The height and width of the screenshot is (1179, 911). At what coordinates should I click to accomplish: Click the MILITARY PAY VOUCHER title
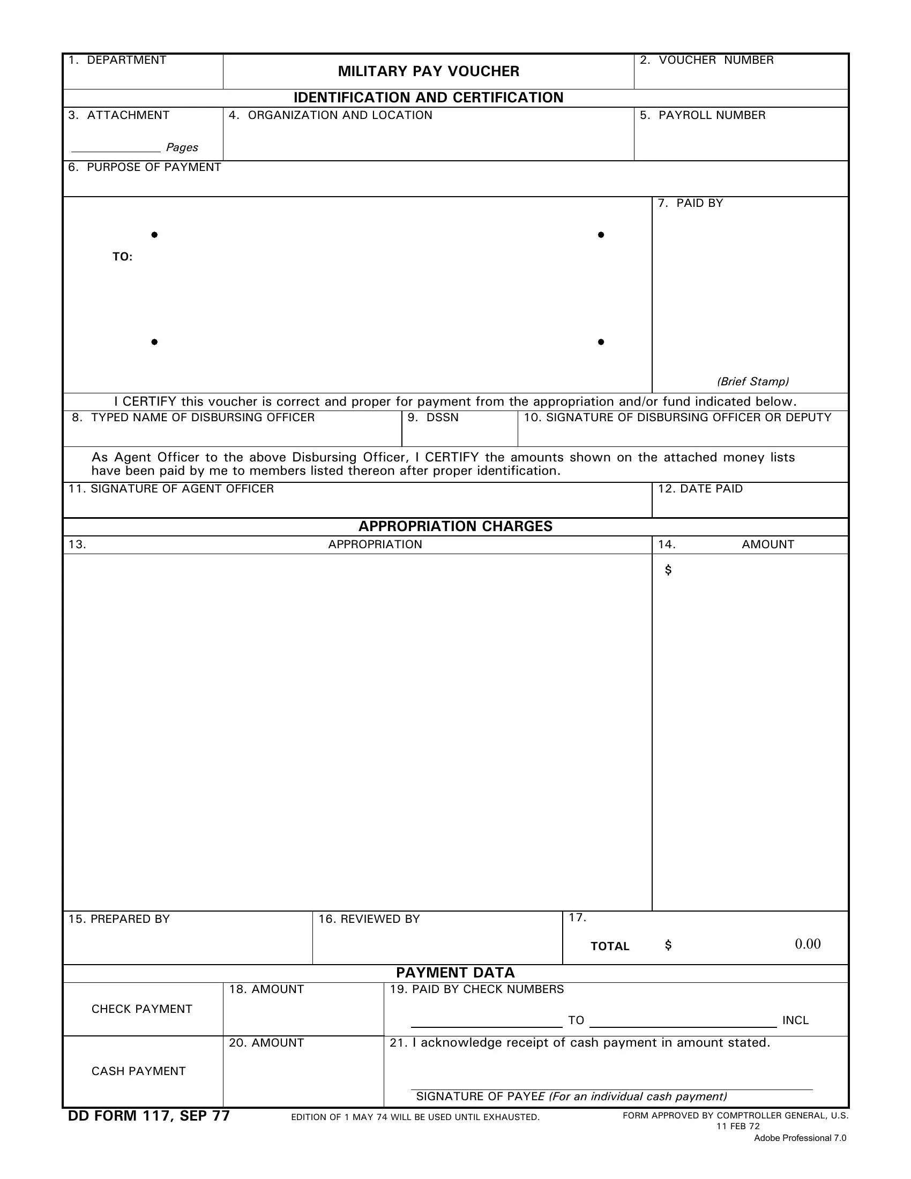429,71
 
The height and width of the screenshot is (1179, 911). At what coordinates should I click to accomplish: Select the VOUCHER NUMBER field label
707,60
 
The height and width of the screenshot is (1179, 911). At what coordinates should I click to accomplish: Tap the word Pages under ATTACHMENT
182,147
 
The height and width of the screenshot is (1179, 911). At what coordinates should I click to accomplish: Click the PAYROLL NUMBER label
703,116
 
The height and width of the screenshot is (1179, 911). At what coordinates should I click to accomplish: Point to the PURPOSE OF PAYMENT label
145,167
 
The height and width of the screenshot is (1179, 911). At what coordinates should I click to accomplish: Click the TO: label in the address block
123,257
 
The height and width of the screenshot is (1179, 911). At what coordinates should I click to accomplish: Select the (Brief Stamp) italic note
753,382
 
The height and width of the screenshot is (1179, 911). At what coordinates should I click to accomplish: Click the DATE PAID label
700,489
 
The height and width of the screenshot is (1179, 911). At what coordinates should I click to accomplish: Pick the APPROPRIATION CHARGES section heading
455,526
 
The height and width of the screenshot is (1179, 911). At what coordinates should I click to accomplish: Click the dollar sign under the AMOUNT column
668,570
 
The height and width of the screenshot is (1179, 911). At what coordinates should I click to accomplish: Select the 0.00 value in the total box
808,944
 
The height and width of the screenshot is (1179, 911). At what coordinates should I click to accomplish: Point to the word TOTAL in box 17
610,946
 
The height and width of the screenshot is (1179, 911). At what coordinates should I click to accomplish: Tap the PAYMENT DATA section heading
455,973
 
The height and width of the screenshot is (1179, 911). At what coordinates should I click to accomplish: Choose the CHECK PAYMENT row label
142,1009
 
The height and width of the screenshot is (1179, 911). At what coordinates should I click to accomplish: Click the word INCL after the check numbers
795,1020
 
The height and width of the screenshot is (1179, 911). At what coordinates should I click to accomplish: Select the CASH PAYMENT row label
139,1071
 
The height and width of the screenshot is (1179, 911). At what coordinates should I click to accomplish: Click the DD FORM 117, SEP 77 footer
149,1116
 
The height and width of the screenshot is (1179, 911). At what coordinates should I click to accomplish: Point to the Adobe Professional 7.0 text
800,1138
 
